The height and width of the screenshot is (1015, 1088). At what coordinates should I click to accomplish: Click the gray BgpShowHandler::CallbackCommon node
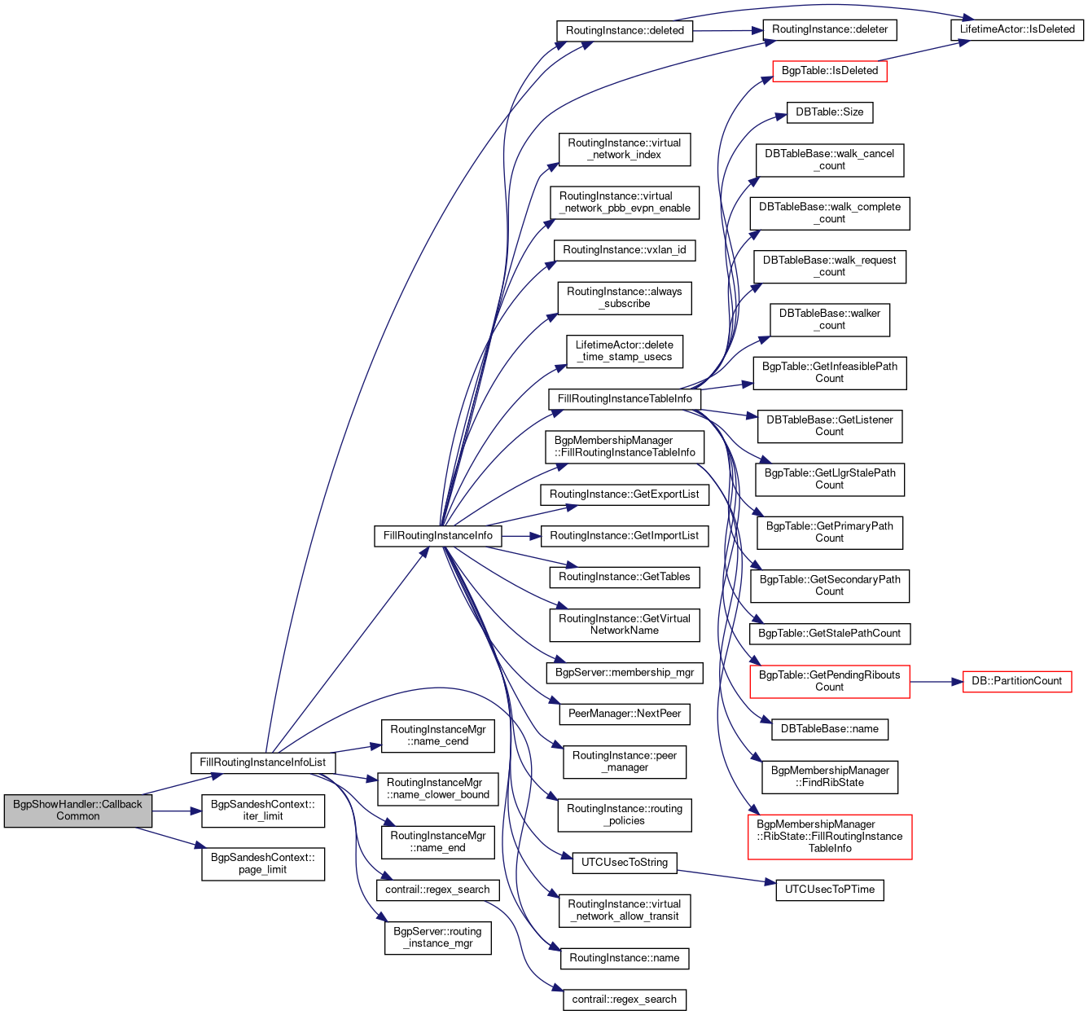tap(77, 810)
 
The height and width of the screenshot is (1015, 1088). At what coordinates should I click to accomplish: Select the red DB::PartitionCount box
tap(1017, 681)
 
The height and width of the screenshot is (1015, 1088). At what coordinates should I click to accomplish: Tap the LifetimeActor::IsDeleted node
tap(1017, 29)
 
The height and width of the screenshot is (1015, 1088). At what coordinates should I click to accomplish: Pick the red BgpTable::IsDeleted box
tap(829, 71)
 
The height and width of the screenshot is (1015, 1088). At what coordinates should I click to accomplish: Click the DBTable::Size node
tap(829, 112)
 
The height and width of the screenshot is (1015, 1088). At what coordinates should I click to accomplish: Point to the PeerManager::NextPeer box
tap(625, 714)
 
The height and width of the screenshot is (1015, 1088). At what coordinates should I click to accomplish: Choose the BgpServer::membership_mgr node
tap(625, 673)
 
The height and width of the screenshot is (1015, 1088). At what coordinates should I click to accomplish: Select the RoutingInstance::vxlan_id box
tap(625, 250)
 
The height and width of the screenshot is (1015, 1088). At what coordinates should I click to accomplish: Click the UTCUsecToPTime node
tap(829, 890)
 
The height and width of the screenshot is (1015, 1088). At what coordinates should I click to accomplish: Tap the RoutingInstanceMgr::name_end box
tap(438, 841)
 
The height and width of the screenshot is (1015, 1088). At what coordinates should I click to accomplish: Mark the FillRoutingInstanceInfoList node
tap(262, 762)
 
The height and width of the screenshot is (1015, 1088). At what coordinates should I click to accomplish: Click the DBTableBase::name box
tap(829, 729)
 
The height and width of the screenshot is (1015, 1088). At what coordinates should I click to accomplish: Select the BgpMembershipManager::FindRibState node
tap(829, 776)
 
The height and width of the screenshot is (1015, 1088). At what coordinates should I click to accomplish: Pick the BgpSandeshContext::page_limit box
tap(262, 863)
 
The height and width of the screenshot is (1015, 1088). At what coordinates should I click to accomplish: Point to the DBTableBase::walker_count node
tap(829, 319)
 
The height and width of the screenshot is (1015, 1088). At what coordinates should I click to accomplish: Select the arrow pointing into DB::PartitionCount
tap(937, 681)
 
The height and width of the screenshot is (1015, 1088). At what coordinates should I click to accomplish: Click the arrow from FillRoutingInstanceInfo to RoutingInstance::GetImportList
tap(521, 536)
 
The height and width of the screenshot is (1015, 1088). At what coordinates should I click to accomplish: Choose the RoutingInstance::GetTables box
tap(625, 577)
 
